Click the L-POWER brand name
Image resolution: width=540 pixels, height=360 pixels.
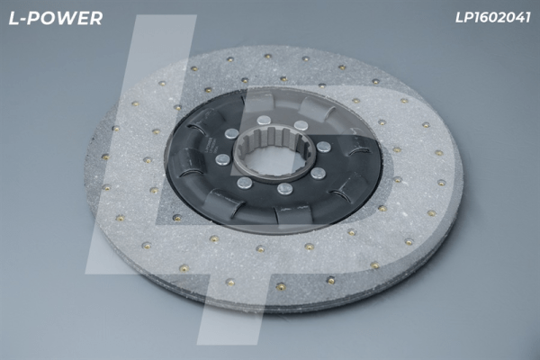(56, 18)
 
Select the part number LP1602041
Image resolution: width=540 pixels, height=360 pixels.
(493, 18)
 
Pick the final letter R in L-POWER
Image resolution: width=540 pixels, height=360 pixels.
(96, 18)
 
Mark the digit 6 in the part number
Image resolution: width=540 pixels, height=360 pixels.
(484, 18)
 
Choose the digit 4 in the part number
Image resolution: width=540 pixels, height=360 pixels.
(518, 18)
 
